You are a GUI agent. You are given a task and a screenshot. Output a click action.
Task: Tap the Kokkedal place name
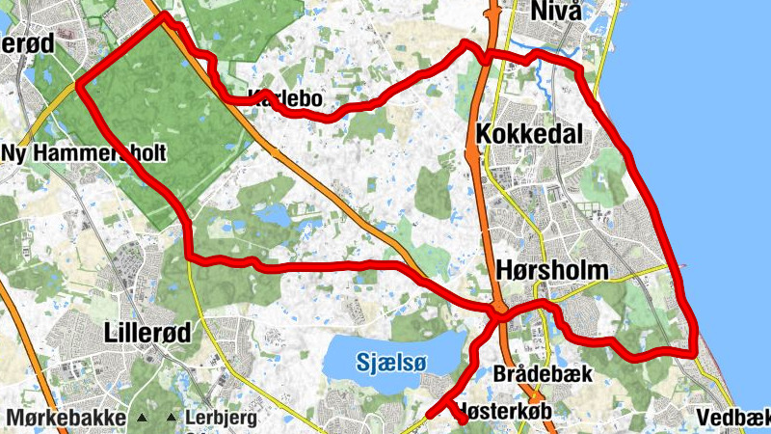point(529,133)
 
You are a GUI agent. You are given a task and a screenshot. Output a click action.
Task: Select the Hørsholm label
point(553,271)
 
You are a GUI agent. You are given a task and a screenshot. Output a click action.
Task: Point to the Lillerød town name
point(146,333)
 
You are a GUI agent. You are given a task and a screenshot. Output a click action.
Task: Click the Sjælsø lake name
point(390,362)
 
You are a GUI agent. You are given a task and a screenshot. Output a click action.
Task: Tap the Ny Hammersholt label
point(85,152)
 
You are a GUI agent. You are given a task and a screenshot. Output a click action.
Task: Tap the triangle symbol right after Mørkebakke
point(142,418)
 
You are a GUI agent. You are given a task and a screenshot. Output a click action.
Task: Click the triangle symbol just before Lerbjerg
point(172,418)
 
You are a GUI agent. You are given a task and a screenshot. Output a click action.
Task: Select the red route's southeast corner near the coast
point(693,353)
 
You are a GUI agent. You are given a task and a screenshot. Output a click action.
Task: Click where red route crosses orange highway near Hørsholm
point(497,312)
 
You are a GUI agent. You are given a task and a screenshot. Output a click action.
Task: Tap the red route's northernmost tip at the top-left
point(162,15)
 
